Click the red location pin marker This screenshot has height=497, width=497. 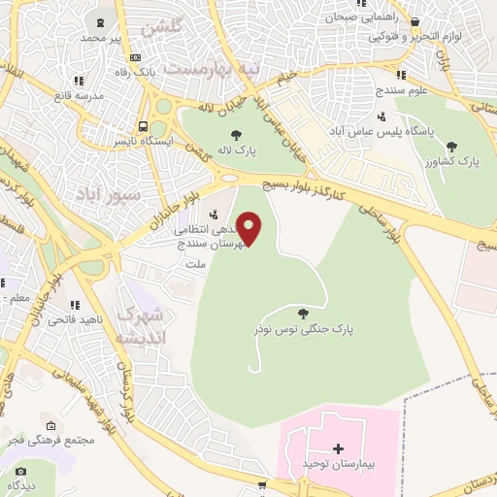249,228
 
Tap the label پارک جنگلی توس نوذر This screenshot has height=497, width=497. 304,329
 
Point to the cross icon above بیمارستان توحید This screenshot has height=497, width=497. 338,448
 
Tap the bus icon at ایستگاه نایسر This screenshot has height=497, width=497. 144,126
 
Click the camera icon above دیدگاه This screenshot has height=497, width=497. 21,471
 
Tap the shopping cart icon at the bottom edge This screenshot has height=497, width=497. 261,485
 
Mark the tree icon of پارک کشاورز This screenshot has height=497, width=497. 451,146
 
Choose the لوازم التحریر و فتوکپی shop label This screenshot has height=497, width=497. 430,36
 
